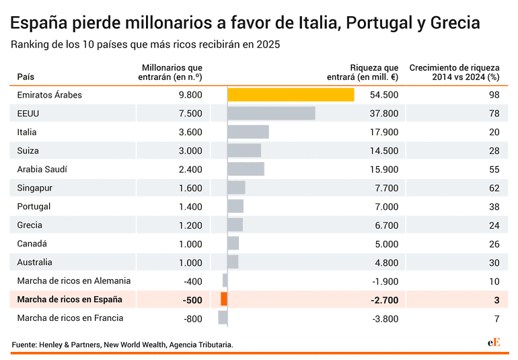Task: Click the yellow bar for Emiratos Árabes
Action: (291, 95)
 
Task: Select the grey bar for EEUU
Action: (271, 113)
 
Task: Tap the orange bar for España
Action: (224, 299)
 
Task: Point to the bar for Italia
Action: (248, 132)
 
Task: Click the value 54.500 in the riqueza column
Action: (384, 95)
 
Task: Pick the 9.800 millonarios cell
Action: (190, 95)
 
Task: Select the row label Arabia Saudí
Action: (42, 169)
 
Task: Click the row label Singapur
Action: (35, 188)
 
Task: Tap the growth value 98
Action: (494, 95)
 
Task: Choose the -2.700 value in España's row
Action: (385, 299)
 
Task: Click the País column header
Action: (25, 77)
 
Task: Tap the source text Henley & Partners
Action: (69, 345)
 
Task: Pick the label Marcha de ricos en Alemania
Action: (74, 281)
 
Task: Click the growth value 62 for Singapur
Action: (494, 188)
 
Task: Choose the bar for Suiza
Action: (244, 151)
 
